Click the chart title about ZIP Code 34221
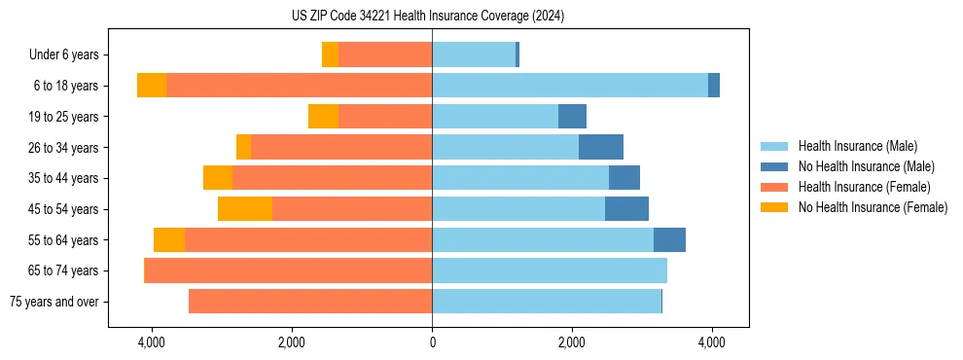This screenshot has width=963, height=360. coord(428,17)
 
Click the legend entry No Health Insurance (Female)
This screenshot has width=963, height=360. coord(873,207)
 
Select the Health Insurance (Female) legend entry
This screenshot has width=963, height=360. coord(864,187)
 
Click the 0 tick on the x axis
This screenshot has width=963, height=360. coord(432,342)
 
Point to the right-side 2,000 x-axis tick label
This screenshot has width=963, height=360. coord(572,342)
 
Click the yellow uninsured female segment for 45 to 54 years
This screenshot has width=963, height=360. coord(245,209)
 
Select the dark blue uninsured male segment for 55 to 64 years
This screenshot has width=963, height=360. coord(669,239)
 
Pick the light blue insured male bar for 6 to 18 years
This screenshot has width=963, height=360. coord(570,86)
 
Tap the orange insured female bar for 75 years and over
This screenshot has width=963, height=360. coord(310,302)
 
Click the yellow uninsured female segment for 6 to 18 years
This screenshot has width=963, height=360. coord(152,86)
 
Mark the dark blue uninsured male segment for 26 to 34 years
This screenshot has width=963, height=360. coord(601,147)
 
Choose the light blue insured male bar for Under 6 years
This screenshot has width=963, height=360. coord(474,54)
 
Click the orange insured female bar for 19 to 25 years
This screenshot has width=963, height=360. coord(385,117)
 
